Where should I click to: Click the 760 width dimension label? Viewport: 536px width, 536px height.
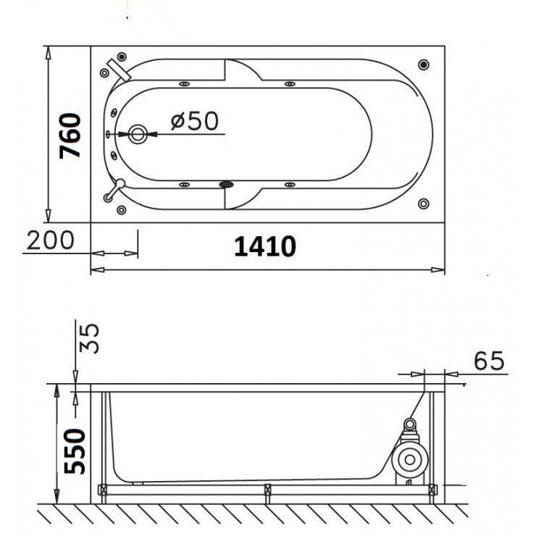[70, 136]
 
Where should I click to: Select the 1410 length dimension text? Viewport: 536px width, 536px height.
[264, 247]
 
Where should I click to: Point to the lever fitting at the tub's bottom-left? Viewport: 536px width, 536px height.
[115, 190]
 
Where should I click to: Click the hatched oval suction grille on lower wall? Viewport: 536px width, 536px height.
[227, 185]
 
